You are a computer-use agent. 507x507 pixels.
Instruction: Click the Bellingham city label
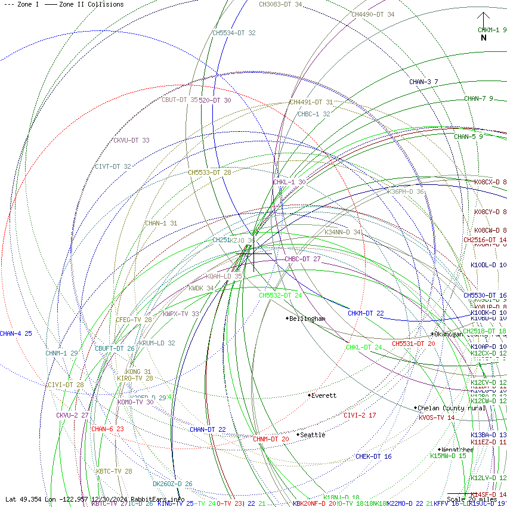[307, 319]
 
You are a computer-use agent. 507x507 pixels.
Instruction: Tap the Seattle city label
[313, 435]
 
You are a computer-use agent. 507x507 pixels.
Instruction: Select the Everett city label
[324, 395]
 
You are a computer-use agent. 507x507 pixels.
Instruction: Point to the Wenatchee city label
[457, 450]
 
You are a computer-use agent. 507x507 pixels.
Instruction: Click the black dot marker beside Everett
[309, 395]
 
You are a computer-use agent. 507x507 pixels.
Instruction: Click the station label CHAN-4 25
[16, 334]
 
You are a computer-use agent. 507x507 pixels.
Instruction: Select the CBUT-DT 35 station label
[180, 100]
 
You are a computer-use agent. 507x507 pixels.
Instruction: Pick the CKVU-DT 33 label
[131, 141]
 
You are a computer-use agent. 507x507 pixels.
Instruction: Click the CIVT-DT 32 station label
[113, 167]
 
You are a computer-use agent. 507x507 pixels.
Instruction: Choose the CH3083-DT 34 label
[280, 5]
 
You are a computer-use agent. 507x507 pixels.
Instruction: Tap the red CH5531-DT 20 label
[413, 344]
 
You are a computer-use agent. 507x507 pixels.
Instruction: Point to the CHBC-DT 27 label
[302, 259]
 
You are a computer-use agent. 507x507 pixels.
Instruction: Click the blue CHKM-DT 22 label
[366, 313]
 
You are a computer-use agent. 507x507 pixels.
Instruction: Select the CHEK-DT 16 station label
[373, 456]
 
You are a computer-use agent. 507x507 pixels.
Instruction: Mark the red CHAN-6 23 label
[107, 429]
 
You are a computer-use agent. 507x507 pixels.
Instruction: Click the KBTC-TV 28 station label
[114, 471]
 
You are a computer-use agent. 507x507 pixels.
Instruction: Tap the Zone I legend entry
[22, 4]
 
